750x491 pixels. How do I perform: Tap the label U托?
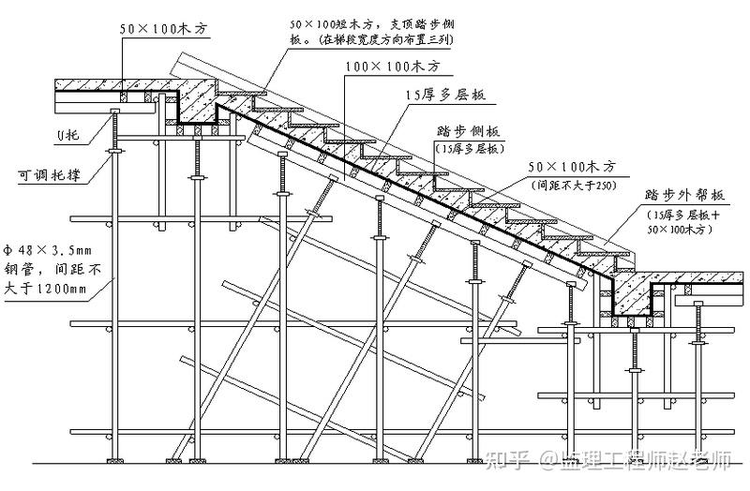[67, 137]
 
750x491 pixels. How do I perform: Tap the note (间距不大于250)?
[573, 185]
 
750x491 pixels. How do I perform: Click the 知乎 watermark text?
[510, 462]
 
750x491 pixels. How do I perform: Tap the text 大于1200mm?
[45, 288]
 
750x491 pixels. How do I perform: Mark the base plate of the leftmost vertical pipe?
[114, 462]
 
